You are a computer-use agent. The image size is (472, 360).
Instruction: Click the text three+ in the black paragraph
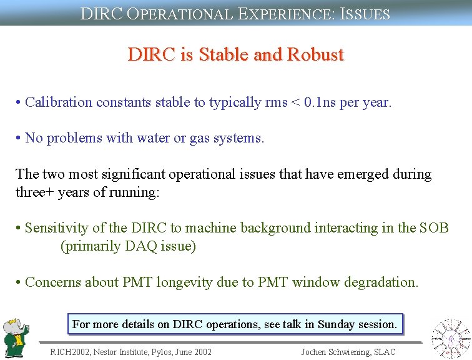point(36,192)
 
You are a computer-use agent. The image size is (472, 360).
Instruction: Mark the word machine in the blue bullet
point(212,228)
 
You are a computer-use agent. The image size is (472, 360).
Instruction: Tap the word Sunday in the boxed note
point(337,324)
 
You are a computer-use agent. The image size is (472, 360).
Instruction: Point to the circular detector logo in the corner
point(451,338)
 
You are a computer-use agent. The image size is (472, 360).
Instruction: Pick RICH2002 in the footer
point(71,352)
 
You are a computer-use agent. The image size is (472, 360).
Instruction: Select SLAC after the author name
point(384,352)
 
